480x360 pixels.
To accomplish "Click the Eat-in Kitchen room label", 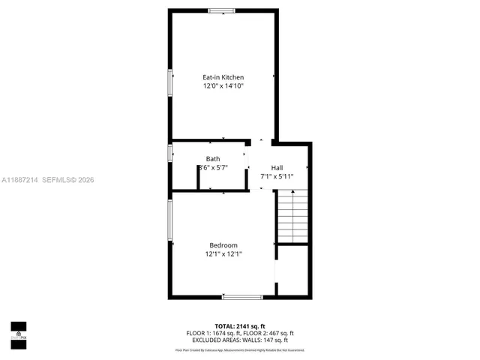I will coord(223,77).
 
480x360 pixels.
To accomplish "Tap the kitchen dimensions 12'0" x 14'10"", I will coord(223,86).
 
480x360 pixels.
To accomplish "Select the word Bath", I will coord(213,159).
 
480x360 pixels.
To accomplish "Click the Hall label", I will coord(277,168).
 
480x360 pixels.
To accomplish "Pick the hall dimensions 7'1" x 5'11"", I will coord(277,177).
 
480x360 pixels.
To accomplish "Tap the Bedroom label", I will coord(223,245).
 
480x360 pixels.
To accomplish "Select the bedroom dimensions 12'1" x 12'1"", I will coord(223,254).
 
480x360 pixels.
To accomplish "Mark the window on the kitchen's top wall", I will coord(220,10).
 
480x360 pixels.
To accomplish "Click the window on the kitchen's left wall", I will coord(170,82).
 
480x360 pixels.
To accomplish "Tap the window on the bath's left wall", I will coord(170,154).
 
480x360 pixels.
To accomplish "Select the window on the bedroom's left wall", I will coord(170,220).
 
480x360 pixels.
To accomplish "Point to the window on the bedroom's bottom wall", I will coord(241,297).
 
